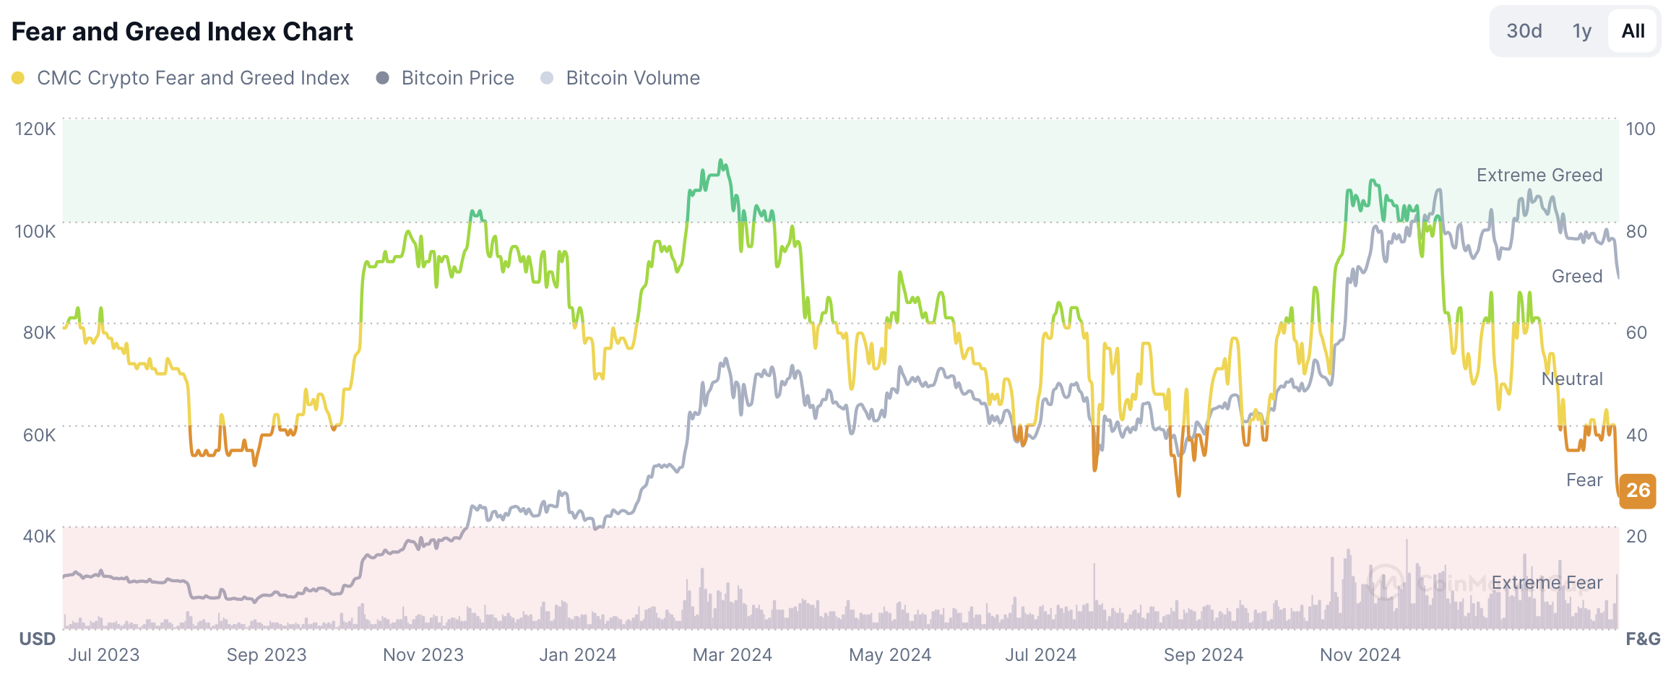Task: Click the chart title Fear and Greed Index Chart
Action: point(182,32)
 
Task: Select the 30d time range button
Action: point(1524,31)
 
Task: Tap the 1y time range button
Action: point(1581,31)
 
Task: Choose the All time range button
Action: point(1633,31)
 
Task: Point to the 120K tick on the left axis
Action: point(35,129)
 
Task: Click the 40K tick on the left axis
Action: point(39,536)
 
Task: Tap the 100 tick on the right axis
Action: point(1640,129)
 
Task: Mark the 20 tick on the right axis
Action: point(1636,536)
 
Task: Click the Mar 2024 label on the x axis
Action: point(732,655)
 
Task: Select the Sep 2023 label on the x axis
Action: point(267,655)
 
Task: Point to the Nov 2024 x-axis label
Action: point(1360,655)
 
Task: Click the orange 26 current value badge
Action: point(1638,490)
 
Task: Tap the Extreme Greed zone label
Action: point(1539,176)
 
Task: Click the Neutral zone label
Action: point(1571,379)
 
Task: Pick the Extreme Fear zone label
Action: point(1546,583)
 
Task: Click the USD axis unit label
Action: point(37,639)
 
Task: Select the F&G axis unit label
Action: point(1643,639)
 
